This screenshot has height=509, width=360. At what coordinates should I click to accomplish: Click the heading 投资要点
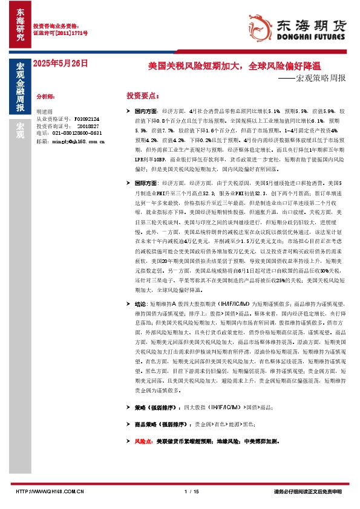(143, 96)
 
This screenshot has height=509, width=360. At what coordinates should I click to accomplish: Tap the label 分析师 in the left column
(46, 96)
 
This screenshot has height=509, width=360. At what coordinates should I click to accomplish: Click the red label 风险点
(143, 442)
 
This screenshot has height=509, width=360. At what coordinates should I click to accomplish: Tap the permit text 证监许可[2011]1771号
(60, 33)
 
